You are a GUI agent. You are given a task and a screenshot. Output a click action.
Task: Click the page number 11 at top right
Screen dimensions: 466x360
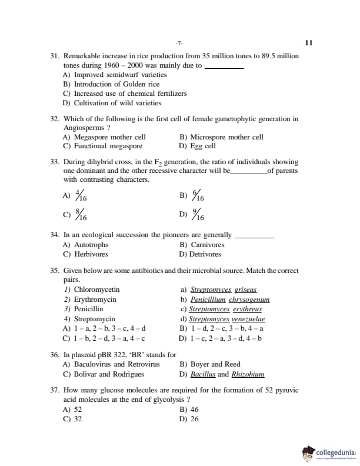[309, 43]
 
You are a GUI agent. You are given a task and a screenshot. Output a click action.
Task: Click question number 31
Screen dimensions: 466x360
[54, 56]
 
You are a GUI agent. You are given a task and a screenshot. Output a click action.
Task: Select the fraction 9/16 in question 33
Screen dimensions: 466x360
[198, 216]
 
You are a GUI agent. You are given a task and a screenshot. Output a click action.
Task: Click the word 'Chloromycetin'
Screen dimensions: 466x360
[96, 289]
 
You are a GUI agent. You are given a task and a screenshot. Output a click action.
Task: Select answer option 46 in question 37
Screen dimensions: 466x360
[195, 409]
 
